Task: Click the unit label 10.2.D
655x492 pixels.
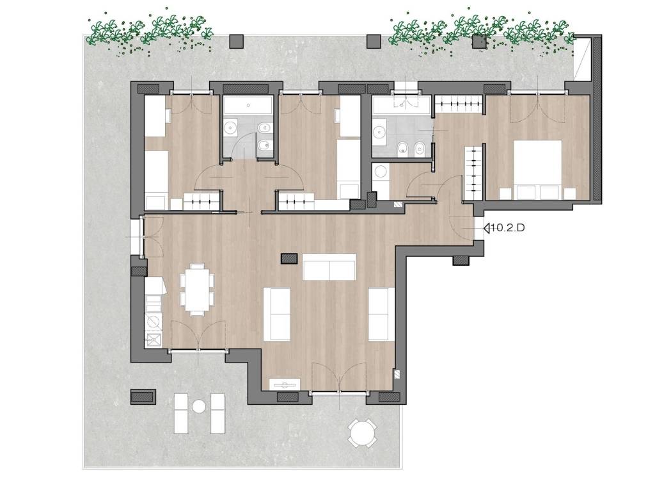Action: coord(507,228)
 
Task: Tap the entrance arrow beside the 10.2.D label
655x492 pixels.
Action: coord(487,228)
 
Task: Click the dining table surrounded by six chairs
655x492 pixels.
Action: coord(198,289)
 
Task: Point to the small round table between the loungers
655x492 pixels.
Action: coord(200,406)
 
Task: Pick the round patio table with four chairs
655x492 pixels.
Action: coord(363,433)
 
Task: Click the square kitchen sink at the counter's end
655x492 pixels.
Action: coord(154,340)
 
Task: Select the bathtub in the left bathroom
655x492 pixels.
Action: coord(249,106)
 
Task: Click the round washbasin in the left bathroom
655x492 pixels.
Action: coord(230,127)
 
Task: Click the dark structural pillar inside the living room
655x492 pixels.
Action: coord(289,259)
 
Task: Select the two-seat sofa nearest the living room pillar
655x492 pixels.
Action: coord(329,267)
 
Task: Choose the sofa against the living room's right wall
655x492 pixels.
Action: coord(381,314)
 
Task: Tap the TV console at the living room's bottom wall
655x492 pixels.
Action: coord(285,384)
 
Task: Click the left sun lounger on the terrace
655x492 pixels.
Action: coord(181,413)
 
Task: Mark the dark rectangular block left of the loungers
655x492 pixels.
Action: coord(143,397)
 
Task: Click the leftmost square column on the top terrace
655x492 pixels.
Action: coord(237,41)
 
